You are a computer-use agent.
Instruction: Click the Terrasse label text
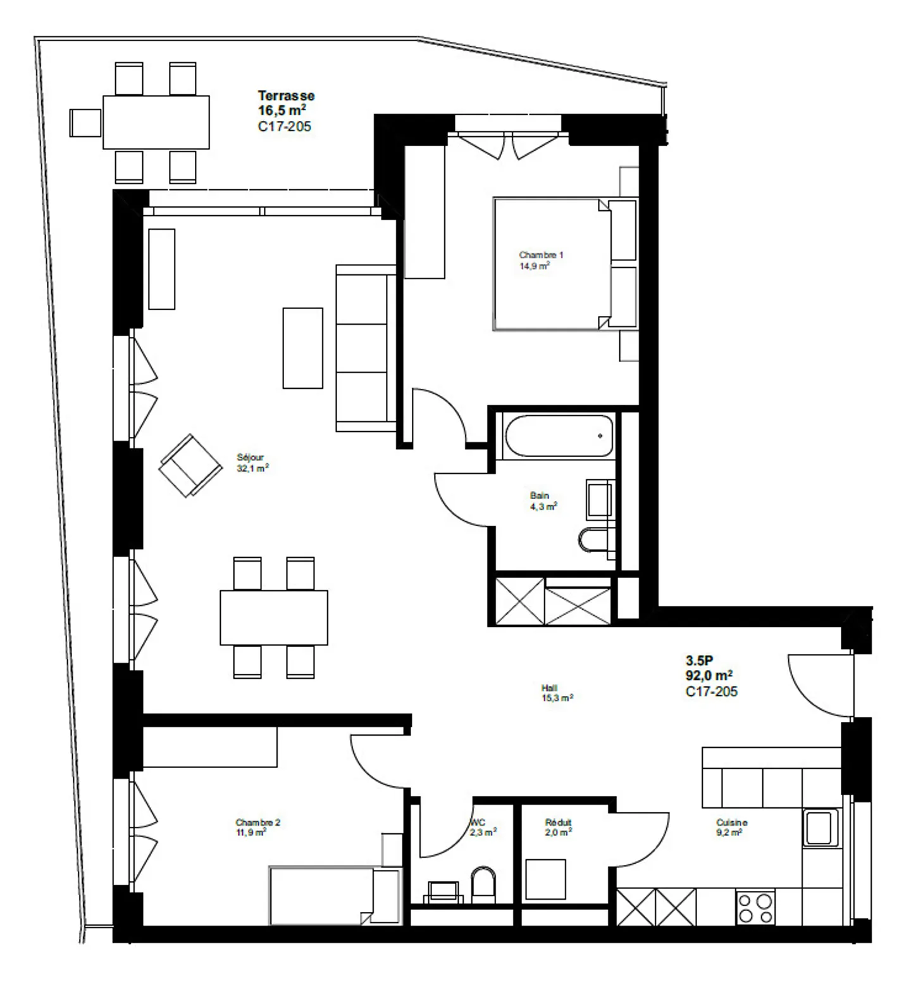[286, 96]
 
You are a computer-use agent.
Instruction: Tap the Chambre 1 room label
[541, 255]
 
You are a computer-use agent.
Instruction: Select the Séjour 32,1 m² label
[253, 463]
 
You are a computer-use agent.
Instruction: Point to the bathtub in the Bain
[559, 435]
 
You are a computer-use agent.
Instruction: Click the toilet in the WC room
[484, 885]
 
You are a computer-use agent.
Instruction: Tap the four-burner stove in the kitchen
[755, 907]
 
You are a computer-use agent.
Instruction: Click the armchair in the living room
[190, 465]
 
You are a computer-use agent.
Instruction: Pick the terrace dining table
[156, 122]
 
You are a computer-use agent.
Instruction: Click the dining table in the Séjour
[274, 617]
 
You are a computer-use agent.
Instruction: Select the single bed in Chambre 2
[335, 895]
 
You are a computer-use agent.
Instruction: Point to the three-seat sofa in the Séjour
[366, 348]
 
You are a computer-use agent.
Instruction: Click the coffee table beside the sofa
[303, 348]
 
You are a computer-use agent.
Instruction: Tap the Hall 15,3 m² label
[557, 693]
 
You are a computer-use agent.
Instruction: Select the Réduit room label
[558, 823]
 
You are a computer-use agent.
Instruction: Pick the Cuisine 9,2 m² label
[732, 828]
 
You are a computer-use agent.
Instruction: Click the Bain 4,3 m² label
[543, 501]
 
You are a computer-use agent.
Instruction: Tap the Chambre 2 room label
[257, 823]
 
